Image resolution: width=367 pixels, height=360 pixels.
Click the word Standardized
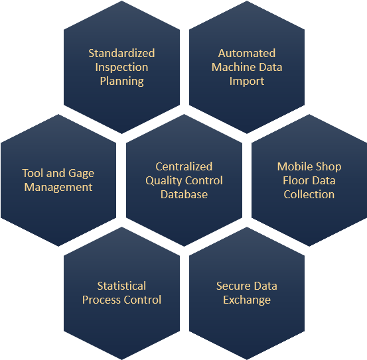(121, 53)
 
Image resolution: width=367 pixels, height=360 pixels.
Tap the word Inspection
(121, 68)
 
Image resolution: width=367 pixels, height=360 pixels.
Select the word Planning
(122, 82)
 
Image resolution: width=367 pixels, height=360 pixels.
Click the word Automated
(247, 53)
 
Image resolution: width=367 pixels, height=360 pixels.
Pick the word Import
(247, 82)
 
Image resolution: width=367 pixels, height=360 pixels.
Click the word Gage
(82, 174)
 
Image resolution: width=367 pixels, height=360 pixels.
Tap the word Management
(58, 188)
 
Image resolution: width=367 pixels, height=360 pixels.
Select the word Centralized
(184, 166)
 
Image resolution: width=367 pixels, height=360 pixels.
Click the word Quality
(163, 181)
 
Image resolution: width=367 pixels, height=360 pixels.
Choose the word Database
(184, 194)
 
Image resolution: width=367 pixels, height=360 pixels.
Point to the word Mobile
(294, 166)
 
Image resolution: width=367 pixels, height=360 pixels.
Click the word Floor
(293, 180)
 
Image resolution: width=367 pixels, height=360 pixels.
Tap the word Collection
(309, 194)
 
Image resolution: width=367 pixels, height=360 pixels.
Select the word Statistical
(121, 286)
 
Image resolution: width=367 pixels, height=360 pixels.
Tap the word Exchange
(247, 300)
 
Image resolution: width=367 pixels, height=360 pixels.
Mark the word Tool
(33, 173)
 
